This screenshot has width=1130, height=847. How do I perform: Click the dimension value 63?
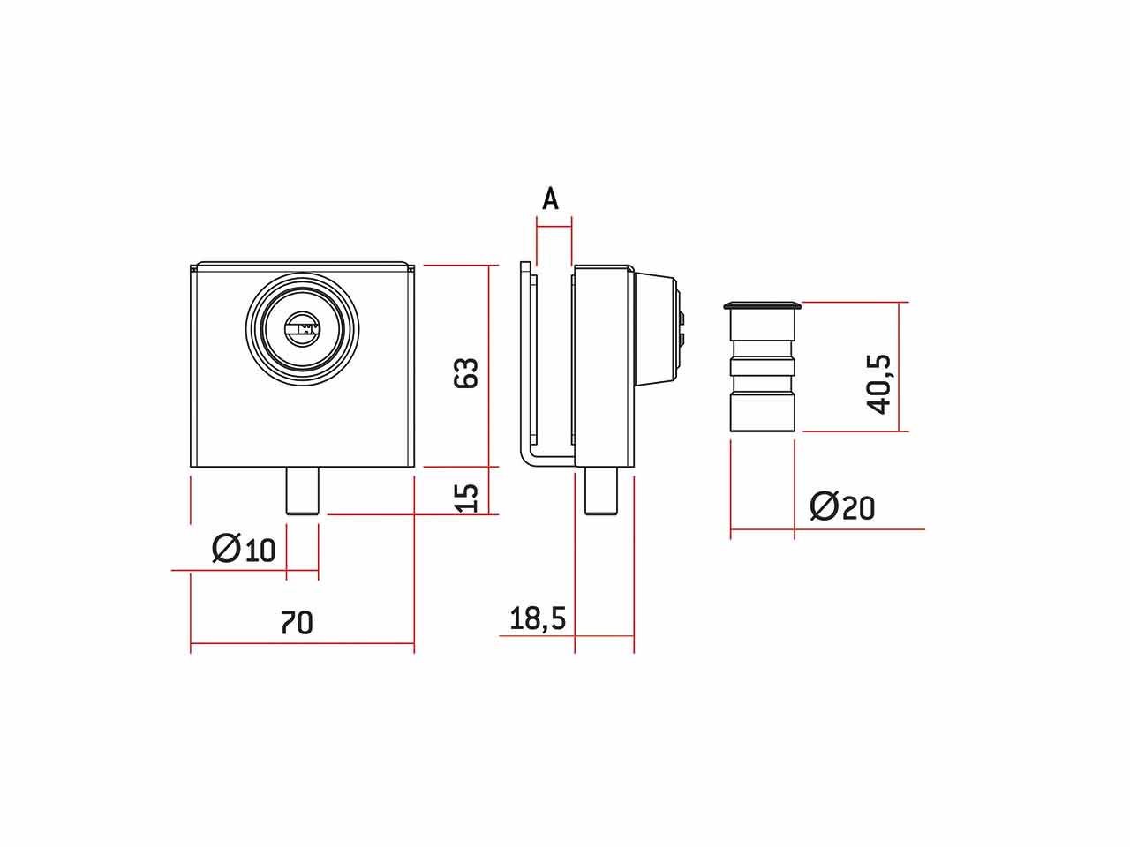[x=466, y=372]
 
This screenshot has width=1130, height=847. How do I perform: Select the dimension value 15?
[x=466, y=498]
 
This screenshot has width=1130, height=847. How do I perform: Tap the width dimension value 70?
[x=297, y=623]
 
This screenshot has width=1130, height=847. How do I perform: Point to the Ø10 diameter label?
[x=244, y=549]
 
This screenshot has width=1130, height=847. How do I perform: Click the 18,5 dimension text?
[x=538, y=618]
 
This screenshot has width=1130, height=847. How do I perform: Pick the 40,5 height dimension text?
[x=878, y=384]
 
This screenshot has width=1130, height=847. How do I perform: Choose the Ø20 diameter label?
[x=842, y=506]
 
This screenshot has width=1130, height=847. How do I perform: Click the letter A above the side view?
[x=550, y=199]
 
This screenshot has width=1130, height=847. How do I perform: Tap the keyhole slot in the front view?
[x=302, y=328]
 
